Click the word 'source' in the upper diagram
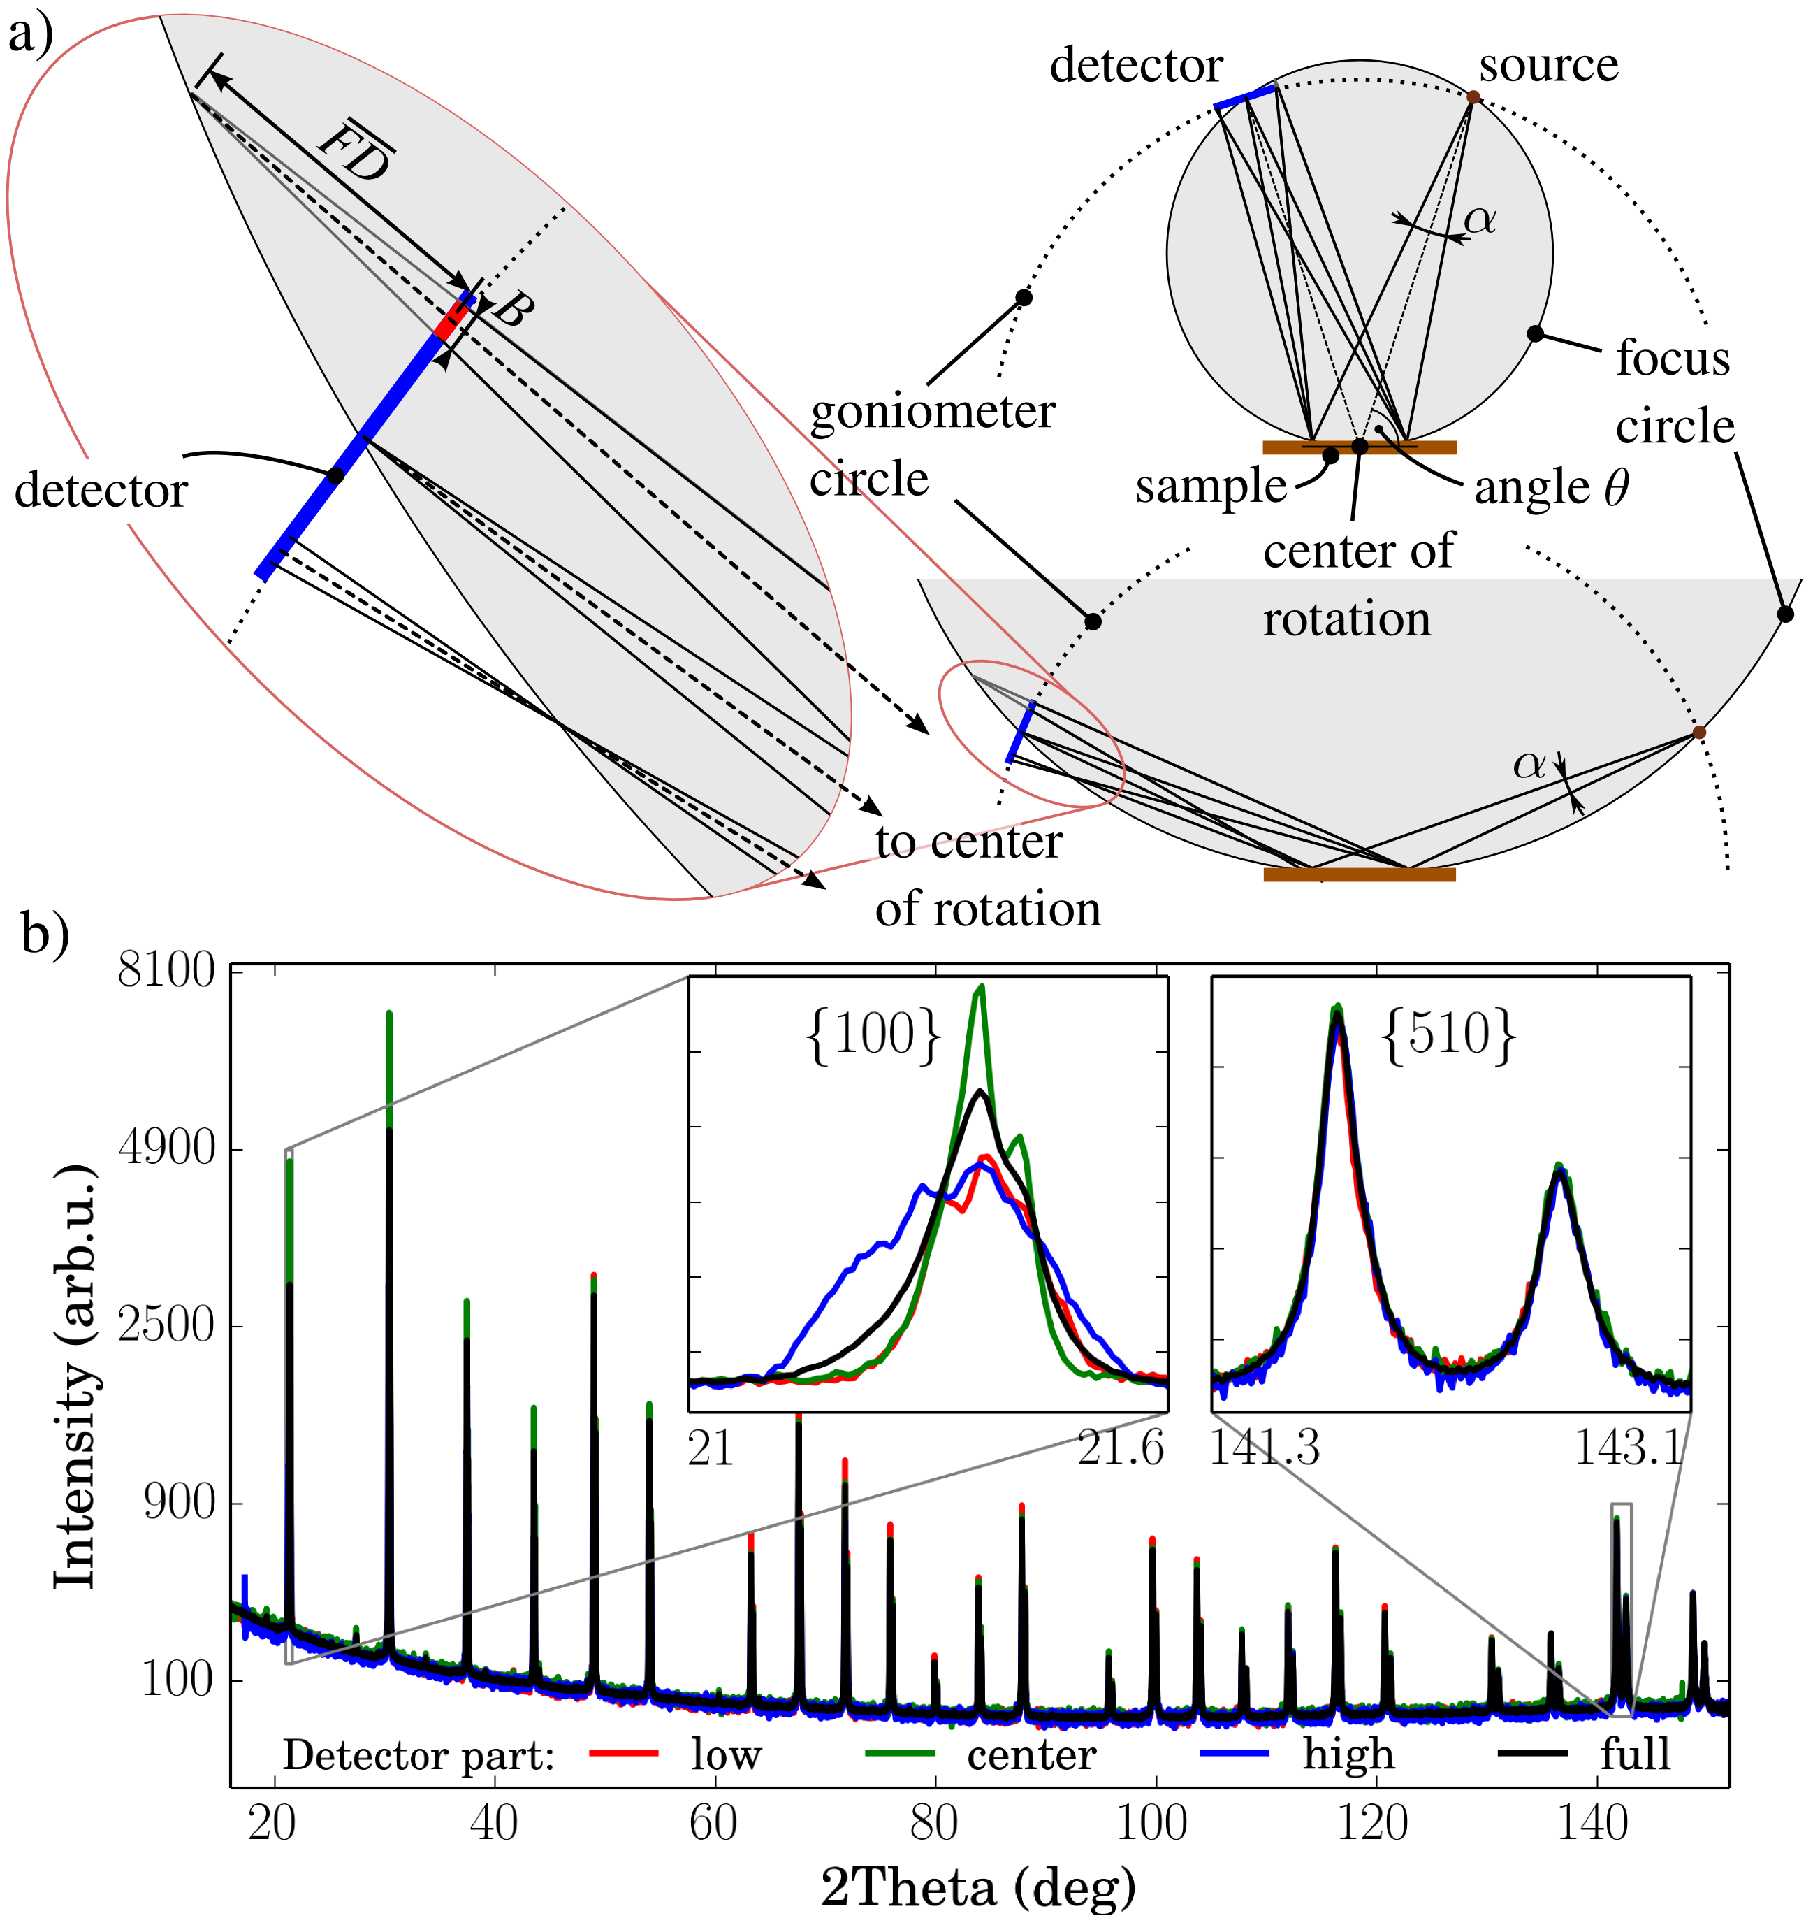[x=1548, y=66]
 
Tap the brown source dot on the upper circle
[x=1473, y=97]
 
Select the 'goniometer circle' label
[x=931, y=445]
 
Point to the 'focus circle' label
[x=1673, y=392]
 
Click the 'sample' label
[x=1211, y=486]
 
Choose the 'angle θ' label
[x=1550, y=488]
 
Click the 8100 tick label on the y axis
[x=166, y=969]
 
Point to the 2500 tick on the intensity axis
[x=166, y=1325]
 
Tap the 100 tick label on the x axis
[x=1152, y=1824]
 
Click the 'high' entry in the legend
[x=1347, y=1754]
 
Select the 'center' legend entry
[x=1031, y=1754]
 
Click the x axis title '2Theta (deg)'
[x=977, y=1887]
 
